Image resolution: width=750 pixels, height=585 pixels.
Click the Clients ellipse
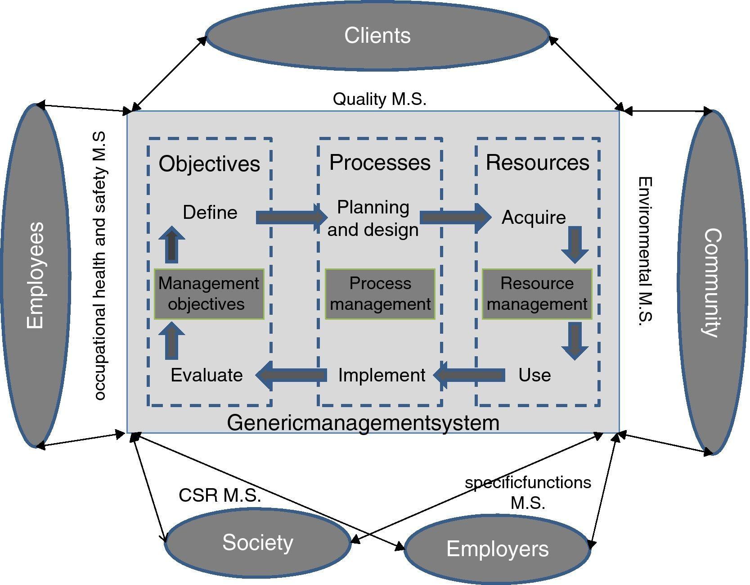(377, 36)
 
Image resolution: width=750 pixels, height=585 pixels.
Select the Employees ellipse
(36, 275)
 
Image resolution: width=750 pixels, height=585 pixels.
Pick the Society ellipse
(257, 542)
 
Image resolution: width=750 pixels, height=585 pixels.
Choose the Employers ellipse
(497, 549)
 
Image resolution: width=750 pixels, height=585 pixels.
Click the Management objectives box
(209, 294)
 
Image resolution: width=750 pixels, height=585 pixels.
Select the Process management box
(380, 294)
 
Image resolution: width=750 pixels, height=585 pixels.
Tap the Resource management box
(537, 294)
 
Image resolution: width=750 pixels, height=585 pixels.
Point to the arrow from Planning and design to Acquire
(455, 218)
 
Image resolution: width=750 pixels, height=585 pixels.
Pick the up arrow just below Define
(171, 245)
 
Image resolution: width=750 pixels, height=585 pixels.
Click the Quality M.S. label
(379, 99)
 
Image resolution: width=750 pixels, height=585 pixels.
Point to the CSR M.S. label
(220, 495)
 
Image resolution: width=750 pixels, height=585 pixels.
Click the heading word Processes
(380, 163)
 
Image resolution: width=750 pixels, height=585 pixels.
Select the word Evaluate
(207, 375)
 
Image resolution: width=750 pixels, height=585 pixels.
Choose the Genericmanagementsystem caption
(363, 423)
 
